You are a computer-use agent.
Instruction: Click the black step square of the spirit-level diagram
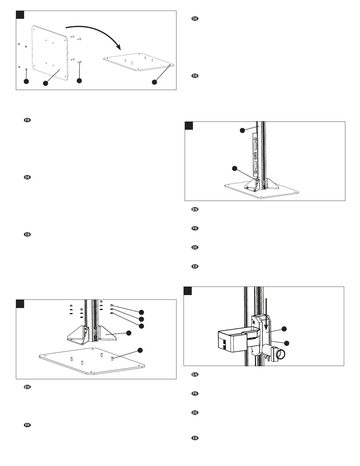point(189,126)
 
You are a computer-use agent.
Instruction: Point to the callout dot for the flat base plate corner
point(155,82)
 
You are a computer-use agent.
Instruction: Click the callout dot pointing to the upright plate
point(45,83)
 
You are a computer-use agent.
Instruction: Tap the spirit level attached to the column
point(255,154)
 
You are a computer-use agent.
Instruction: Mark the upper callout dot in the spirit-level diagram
point(242,130)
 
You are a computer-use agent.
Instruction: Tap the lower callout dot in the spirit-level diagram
point(234,168)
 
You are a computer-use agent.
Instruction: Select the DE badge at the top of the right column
point(195,19)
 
